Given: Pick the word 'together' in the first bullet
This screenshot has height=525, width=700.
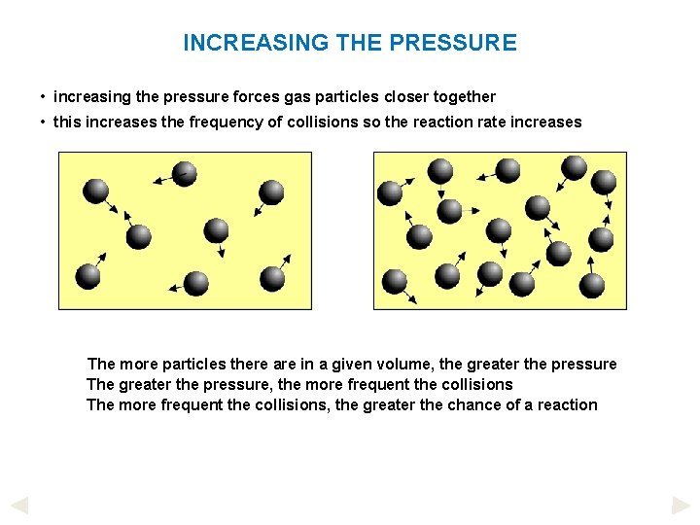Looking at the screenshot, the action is (464, 96).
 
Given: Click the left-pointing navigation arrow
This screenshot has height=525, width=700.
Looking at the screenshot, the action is (18, 506).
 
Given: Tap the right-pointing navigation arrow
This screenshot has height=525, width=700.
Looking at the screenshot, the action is (681, 506).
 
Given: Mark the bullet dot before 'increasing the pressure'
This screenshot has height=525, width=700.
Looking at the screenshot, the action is (44, 97).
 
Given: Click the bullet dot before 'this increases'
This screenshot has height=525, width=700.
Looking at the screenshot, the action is (44, 123).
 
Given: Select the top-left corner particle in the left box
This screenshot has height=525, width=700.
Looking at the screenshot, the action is (95, 192).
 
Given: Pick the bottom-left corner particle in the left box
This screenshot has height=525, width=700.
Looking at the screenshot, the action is (87, 276).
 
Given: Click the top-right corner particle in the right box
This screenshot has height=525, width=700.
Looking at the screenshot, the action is (603, 182).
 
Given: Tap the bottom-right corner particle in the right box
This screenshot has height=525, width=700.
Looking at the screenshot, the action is (592, 285).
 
